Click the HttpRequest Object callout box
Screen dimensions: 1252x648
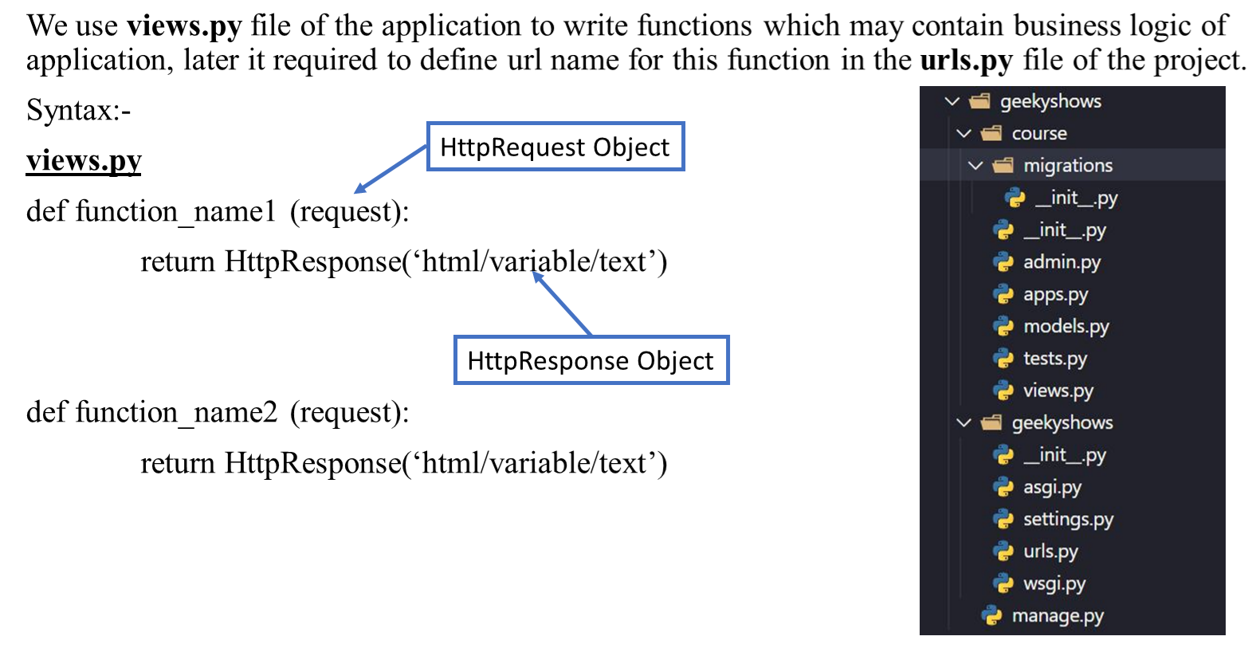point(555,147)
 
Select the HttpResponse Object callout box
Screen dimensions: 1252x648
point(591,360)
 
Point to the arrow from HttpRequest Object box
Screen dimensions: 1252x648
point(391,170)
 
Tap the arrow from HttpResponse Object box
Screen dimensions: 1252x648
point(561,303)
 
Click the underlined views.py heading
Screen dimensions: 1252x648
point(84,161)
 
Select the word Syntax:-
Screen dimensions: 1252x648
point(78,110)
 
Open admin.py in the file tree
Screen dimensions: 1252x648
point(1062,262)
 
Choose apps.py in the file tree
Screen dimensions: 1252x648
point(1055,295)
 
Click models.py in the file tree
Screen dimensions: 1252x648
point(1066,327)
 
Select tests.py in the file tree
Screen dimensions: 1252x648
point(1054,359)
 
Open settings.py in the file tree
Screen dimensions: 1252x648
point(1068,520)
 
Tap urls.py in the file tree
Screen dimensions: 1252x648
point(1050,552)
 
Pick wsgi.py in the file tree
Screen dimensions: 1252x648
point(1054,583)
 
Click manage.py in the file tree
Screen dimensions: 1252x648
point(1058,615)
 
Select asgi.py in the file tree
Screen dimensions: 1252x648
point(1052,488)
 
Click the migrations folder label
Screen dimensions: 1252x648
point(1068,166)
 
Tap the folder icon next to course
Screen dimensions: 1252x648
point(991,134)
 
